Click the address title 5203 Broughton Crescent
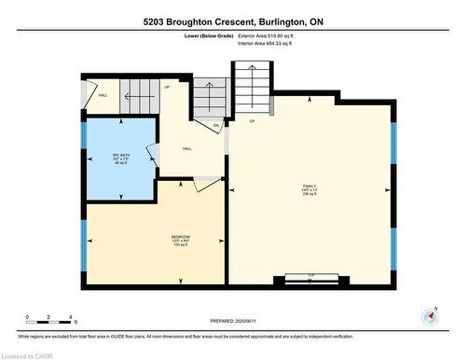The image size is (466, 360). coord(233,21)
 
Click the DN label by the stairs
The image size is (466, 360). coord(215,126)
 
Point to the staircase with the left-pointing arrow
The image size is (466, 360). coord(207,97)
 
